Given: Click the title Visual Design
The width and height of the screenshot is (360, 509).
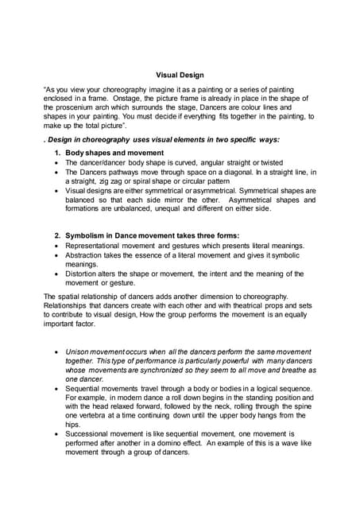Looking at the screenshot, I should (x=180, y=76).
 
